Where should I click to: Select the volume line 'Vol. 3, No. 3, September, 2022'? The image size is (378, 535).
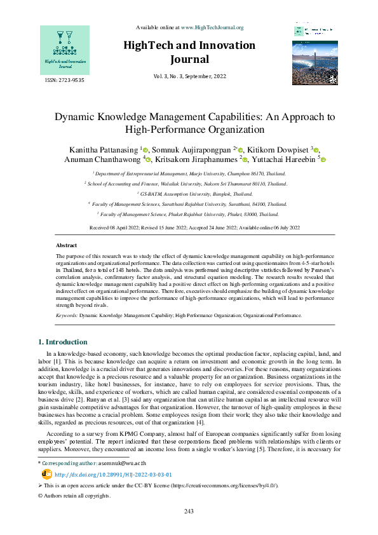[x=189, y=76]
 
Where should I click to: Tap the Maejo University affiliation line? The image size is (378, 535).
[x=189, y=173]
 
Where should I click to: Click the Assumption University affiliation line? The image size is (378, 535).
[x=189, y=193]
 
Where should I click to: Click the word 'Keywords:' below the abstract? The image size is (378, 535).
[x=67, y=315]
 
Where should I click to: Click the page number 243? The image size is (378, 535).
[x=189, y=512]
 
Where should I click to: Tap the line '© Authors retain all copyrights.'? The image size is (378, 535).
[x=74, y=496]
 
